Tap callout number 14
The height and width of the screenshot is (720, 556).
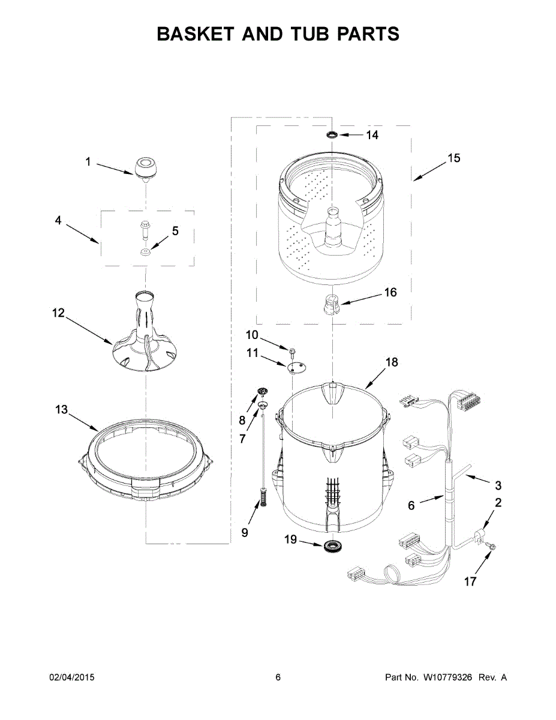pyautogui.click(x=372, y=135)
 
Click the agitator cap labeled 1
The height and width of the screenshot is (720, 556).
pyautogui.click(x=145, y=168)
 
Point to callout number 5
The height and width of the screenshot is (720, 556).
pyautogui.click(x=175, y=230)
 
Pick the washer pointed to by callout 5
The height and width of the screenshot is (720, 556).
pyautogui.click(x=146, y=252)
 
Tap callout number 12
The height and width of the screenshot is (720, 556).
pyautogui.click(x=58, y=313)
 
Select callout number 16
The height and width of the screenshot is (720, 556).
pyautogui.click(x=390, y=292)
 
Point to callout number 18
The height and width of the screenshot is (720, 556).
pyautogui.click(x=392, y=362)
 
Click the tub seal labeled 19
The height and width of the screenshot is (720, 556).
pyautogui.click(x=330, y=546)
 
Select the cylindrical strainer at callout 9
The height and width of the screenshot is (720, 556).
pyautogui.click(x=262, y=497)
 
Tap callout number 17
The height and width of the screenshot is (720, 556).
pyautogui.click(x=470, y=581)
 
